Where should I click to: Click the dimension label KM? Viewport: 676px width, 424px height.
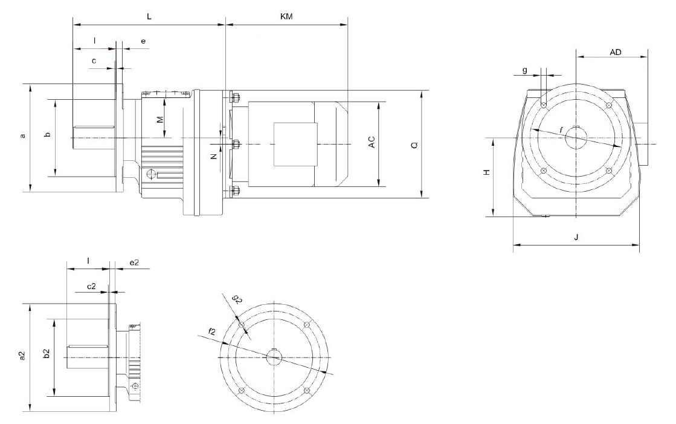(x=286, y=16)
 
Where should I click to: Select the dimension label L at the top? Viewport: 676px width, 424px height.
(x=149, y=16)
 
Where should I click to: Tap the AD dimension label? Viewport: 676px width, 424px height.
(x=615, y=52)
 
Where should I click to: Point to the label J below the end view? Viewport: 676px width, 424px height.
(x=576, y=237)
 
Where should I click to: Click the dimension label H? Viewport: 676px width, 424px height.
(x=487, y=172)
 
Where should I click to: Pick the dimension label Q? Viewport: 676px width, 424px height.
(x=414, y=145)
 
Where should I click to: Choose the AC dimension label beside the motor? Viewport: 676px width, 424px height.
(x=372, y=143)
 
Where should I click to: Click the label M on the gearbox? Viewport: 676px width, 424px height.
(x=160, y=119)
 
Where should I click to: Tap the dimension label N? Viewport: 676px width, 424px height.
(x=213, y=157)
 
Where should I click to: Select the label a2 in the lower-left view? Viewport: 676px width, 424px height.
(x=22, y=355)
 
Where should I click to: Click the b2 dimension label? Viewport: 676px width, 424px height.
(x=47, y=354)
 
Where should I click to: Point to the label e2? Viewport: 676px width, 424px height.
(x=134, y=262)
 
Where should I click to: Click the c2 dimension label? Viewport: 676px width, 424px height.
(x=91, y=286)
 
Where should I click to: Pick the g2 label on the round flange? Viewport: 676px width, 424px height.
(x=237, y=299)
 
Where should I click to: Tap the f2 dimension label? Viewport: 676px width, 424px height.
(x=211, y=331)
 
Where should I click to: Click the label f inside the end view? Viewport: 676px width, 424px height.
(x=561, y=129)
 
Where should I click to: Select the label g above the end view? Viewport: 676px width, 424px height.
(x=525, y=70)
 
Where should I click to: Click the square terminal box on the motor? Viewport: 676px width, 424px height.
(x=295, y=144)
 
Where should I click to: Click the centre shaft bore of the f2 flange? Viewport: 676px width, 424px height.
(x=274, y=357)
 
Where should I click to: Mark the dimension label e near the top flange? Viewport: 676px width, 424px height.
(x=143, y=41)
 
